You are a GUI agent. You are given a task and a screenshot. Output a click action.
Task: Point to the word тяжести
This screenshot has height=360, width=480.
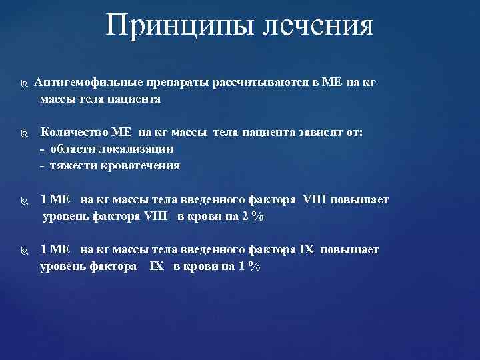pos(72,165)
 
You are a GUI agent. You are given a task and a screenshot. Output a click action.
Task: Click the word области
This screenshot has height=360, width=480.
pos(71,149)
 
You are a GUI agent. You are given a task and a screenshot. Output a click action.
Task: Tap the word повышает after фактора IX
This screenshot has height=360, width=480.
pos(349,249)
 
